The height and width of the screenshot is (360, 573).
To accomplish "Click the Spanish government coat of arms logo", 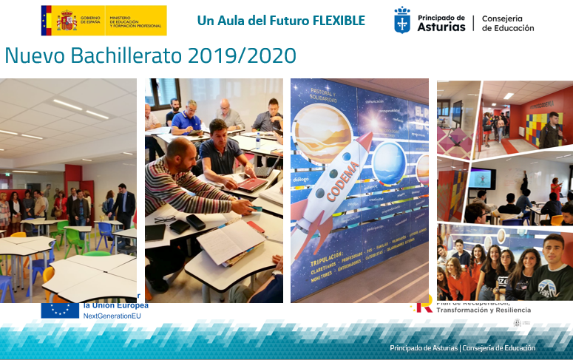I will click(67, 20).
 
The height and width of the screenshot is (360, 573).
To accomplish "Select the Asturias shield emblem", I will click(403, 21).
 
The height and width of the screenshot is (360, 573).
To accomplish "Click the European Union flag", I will click(60, 310).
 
